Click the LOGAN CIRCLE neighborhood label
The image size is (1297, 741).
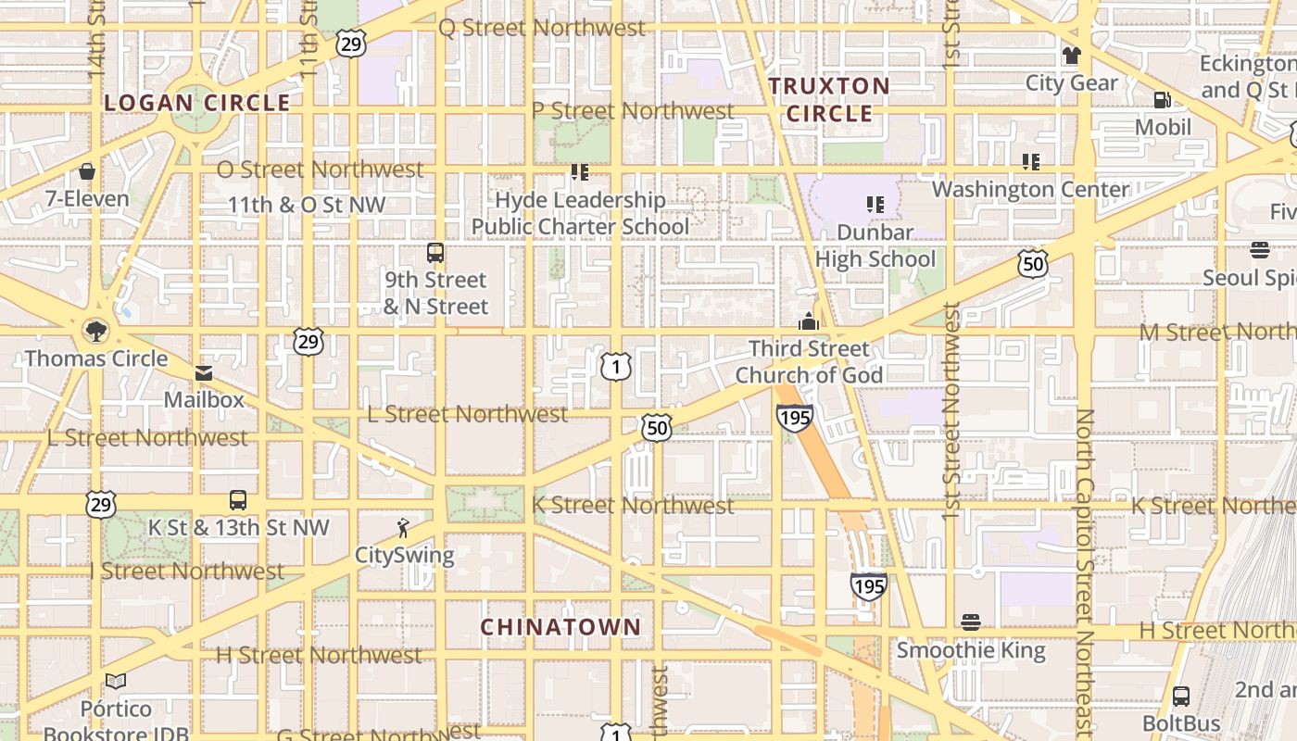coord(197,103)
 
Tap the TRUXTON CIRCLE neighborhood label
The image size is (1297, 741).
coord(829,100)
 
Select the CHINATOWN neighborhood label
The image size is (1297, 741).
coord(560,627)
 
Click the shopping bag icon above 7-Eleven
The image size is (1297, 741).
coord(87,171)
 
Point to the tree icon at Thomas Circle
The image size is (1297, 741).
coord(94,330)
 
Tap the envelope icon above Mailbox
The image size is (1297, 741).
coord(204,373)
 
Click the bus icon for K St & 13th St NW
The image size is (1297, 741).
coord(238,500)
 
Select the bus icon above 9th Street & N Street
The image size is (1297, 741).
coord(435,252)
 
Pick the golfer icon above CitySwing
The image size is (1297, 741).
coord(403,528)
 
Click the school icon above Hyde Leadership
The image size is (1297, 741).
coord(580,172)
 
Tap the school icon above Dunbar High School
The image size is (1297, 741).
coord(875,205)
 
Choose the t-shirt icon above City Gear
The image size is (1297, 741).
coord(1072,56)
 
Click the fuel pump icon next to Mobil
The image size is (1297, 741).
coord(1162,99)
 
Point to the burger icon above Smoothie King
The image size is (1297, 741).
coord(971,622)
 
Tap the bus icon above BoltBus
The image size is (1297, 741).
coord(1181,696)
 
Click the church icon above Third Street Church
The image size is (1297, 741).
coord(809,321)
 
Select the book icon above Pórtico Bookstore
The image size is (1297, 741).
coord(116,682)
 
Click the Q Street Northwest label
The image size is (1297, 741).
coord(541,28)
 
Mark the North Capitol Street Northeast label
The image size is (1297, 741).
coord(1085,574)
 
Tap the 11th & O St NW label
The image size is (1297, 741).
coord(307,205)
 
